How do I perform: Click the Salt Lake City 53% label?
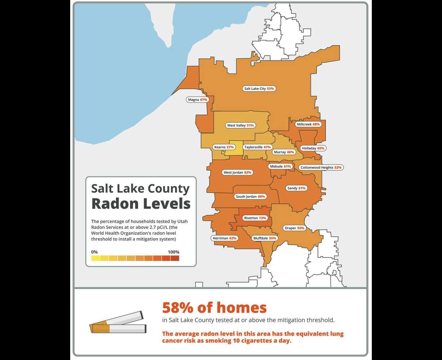click(259, 89)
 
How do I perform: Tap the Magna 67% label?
click(198, 100)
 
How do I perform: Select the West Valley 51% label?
click(240, 125)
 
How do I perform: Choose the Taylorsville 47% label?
click(257, 147)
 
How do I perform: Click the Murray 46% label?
click(284, 152)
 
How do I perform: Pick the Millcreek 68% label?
click(308, 124)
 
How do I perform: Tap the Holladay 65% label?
click(313, 148)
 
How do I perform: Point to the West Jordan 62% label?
click(237, 172)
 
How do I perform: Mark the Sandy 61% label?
click(296, 188)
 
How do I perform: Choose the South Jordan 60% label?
click(250, 197)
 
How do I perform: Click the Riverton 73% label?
click(255, 218)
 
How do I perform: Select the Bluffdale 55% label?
click(265, 238)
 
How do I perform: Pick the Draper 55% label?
click(294, 228)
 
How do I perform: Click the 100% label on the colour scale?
click(173, 252)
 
